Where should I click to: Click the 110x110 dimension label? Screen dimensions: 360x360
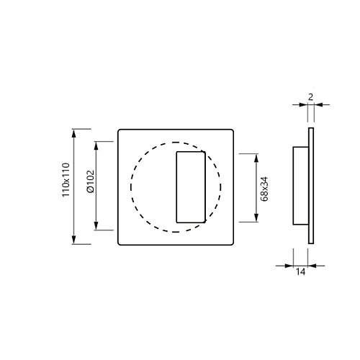click(66, 180)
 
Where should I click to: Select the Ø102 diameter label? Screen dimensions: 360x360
click(91, 181)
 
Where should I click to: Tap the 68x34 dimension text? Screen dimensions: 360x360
click(264, 189)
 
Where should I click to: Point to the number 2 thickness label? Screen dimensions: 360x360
click(310, 97)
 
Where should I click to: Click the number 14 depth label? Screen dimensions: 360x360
click(300, 271)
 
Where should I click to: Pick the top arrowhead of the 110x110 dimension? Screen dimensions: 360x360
click(73, 133)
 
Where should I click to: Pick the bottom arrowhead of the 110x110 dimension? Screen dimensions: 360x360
click(73, 240)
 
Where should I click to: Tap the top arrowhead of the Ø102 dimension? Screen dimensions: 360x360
click(96, 146)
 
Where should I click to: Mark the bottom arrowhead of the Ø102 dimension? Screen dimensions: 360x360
click(96, 226)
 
